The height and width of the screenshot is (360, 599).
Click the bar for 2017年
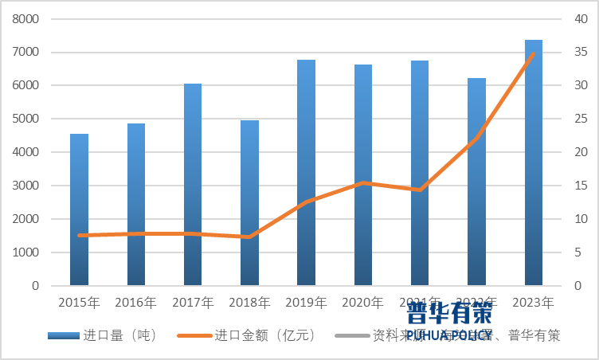[x=193, y=184]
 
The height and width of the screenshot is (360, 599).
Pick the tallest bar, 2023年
[x=534, y=162]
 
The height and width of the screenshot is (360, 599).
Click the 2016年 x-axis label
[x=135, y=303]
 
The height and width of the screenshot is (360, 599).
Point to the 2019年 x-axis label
[x=307, y=303]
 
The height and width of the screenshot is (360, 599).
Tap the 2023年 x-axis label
[x=534, y=303]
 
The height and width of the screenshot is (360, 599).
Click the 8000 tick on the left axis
[x=27, y=18]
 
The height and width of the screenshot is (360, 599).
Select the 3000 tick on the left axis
[x=27, y=186]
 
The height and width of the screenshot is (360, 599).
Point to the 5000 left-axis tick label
[x=27, y=119]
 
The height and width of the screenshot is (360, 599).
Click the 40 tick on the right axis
[x=581, y=18]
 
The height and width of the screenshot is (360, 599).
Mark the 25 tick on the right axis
[x=581, y=119]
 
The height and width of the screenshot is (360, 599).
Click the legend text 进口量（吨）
[x=119, y=335]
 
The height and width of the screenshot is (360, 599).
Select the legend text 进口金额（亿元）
[x=265, y=335]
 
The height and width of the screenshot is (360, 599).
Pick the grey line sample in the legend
[x=351, y=335]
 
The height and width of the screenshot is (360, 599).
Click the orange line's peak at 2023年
[x=534, y=53]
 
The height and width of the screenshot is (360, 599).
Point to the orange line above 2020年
[x=363, y=183]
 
